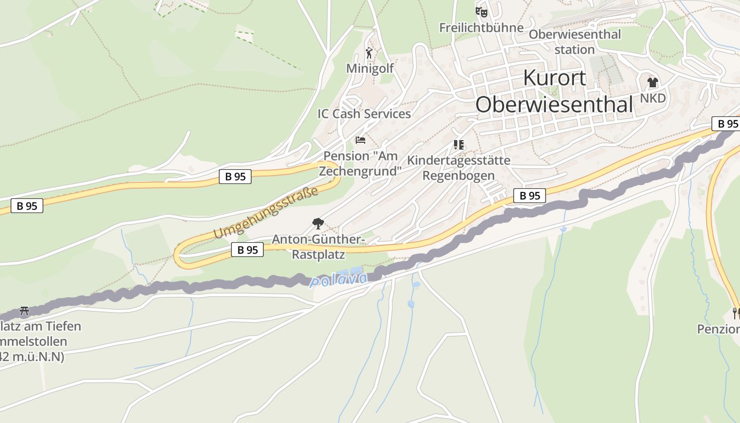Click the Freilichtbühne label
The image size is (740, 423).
(481, 27)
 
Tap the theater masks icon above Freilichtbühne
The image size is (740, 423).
(481, 11)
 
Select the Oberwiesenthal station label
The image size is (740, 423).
(575, 42)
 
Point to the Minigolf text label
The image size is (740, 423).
(370, 69)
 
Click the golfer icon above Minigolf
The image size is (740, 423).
(369, 53)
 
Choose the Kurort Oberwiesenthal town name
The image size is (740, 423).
(554, 91)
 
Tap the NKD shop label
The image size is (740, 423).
(653, 99)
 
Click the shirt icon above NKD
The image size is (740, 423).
(653, 82)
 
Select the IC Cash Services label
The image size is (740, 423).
(364, 114)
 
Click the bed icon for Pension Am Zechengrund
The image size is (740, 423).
(360, 140)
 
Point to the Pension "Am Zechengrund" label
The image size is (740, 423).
(360, 163)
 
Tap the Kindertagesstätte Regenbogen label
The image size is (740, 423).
(459, 168)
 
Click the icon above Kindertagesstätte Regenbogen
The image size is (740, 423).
(459, 144)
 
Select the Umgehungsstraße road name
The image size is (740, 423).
(266, 212)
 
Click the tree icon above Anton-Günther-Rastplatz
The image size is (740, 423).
(318, 223)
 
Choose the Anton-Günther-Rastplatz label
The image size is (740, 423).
(318, 247)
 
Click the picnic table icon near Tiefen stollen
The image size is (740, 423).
(24, 310)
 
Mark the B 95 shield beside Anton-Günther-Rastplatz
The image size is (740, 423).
(247, 250)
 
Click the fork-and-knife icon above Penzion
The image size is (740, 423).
(735, 313)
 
